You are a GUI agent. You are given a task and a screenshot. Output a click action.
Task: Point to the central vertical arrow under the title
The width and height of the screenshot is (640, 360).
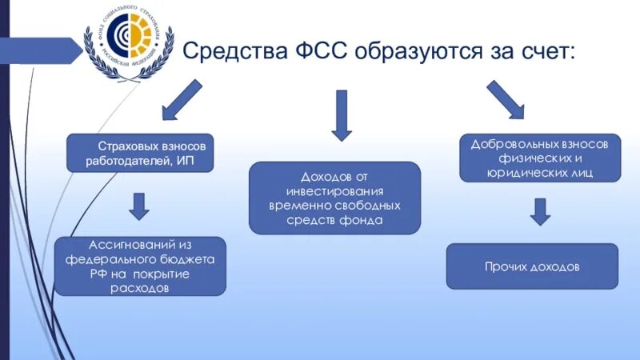[x=342, y=114]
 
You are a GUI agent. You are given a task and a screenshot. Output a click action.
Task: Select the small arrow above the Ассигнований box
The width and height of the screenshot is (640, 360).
[x=139, y=206]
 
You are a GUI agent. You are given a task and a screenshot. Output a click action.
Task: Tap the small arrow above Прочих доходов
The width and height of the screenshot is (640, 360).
[x=540, y=211]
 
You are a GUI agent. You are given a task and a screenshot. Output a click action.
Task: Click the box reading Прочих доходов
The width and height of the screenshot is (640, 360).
[x=531, y=266]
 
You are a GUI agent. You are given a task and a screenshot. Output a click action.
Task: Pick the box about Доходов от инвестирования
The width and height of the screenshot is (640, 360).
[x=334, y=198]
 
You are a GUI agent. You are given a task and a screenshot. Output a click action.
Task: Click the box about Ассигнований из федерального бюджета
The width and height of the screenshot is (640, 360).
[x=140, y=266]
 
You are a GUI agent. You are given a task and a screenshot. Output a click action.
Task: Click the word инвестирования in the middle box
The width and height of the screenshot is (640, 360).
[x=335, y=191]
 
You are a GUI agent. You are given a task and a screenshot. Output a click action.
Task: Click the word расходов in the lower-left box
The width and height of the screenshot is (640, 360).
[x=140, y=288]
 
